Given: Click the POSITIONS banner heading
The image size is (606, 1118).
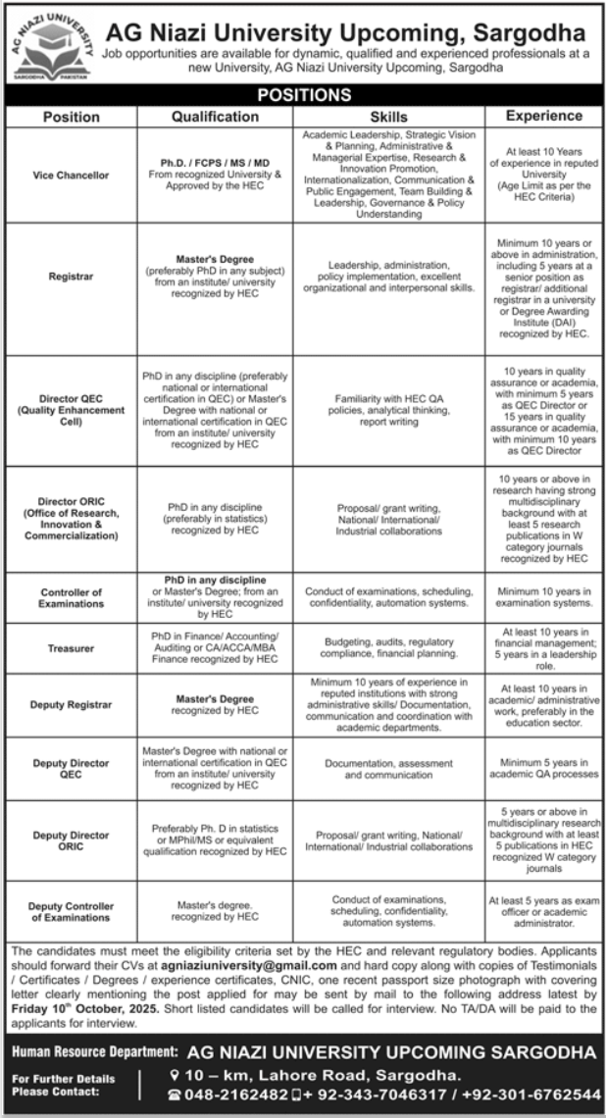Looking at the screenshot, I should coord(303,95).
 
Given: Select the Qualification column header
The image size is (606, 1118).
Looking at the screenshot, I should coord(215,116).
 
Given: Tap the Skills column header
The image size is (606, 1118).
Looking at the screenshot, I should coord(389,116).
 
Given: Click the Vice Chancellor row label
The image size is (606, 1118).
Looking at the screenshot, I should coord(70,175).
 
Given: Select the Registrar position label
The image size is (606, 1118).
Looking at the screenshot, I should coord(70,278).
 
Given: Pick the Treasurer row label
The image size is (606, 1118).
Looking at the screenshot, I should coord(70,648).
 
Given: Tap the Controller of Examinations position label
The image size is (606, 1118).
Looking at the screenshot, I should coord(70,598).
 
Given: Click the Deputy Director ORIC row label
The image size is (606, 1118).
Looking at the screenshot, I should coord(70,840).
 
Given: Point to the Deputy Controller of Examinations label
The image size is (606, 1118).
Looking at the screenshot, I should coord(70,911).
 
